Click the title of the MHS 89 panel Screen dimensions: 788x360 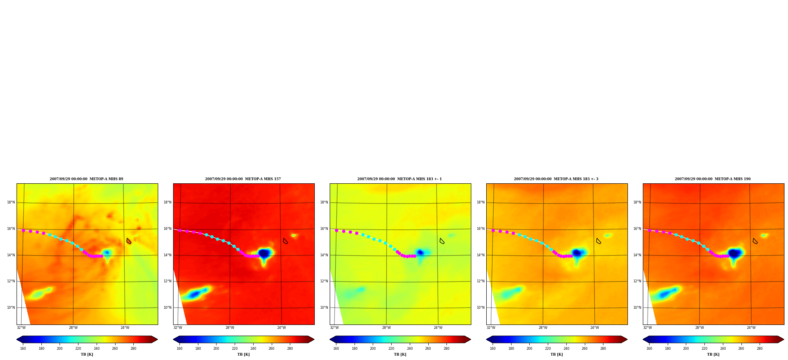pyautogui.click(x=86, y=179)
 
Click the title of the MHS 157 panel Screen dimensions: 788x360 pyautogui.click(x=243, y=179)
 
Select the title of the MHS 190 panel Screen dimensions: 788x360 pyautogui.click(x=713, y=179)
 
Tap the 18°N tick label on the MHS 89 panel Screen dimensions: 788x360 pyautogui.click(x=11, y=202)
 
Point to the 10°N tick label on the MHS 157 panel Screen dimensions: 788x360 pyautogui.click(x=168, y=308)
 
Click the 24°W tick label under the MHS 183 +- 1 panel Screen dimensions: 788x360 pyautogui.click(x=438, y=328)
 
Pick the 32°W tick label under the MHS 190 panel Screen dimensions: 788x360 pyautogui.click(x=648, y=328)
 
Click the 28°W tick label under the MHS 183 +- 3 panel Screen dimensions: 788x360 pyautogui.click(x=543, y=328)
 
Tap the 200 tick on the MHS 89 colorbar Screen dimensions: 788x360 pyautogui.click(x=60, y=348)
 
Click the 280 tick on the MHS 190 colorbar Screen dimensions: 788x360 pyautogui.click(x=760, y=348)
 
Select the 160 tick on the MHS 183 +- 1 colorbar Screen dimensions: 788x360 pyautogui.click(x=336, y=348)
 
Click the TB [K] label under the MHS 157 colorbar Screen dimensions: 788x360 pyautogui.click(x=243, y=354)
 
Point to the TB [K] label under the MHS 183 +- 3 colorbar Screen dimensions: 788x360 pyautogui.click(x=556, y=354)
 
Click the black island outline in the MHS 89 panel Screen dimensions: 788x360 pyautogui.click(x=129, y=241)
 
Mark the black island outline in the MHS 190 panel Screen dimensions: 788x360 pyautogui.click(x=755, y=241)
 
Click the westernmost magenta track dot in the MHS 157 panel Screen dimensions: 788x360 pyautogui.click(x=180, y=230)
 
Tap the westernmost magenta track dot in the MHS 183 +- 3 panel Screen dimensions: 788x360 pyautogui.click(x=493, y=230)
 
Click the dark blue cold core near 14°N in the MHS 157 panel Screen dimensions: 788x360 pyautogui.click(x=264, y=254)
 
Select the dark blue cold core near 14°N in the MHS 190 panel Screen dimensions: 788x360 pyautogui.click(x=734, y=253)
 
